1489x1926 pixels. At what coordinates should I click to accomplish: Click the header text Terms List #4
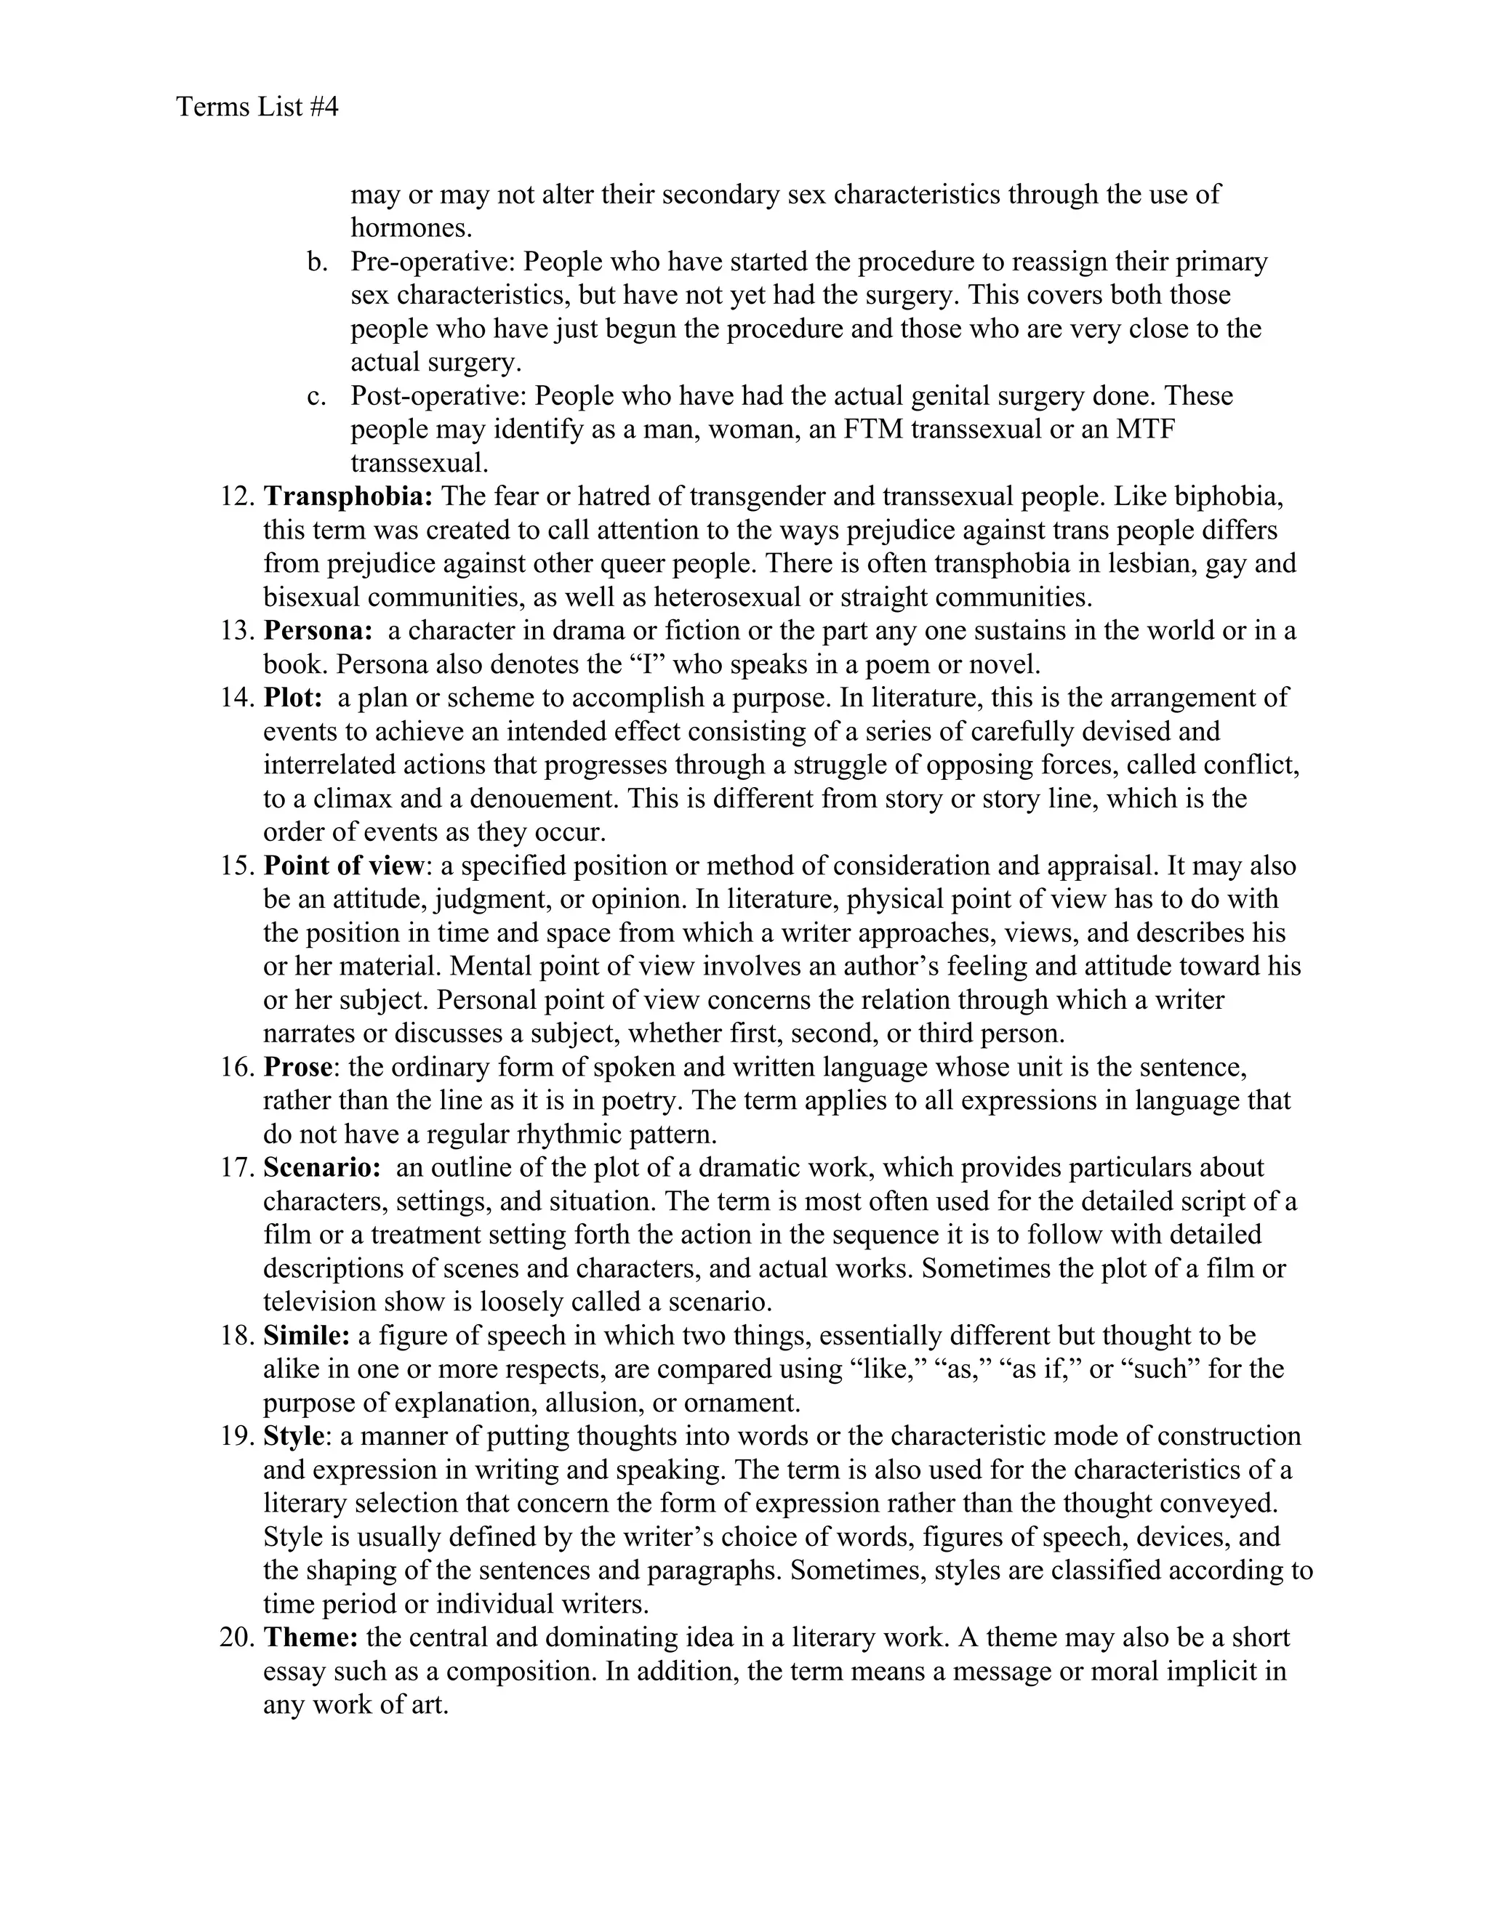[x=257, y=108]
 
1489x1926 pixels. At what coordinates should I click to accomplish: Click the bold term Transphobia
[x=348, y=496]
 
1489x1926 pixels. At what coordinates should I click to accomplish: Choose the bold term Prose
[x=297, y=1067]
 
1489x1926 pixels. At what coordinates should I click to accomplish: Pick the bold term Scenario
[x=321, y=1168]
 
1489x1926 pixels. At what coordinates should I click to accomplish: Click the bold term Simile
[x=306, y=1335]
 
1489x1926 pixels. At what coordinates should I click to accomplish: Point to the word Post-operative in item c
[x=441, y=396]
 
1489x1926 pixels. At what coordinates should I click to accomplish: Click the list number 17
[x=237, y=1168]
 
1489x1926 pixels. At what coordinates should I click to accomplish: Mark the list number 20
[x=236, y=1637]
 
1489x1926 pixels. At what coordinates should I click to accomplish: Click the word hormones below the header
[x=411, y=228]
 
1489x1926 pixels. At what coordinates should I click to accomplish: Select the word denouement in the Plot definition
[x=542, y=799]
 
